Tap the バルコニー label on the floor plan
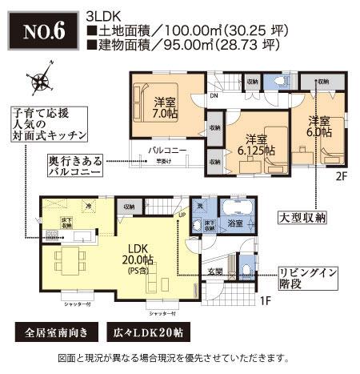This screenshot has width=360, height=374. click(x=166, y=151)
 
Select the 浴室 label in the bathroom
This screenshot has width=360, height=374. click(x=234, y=223)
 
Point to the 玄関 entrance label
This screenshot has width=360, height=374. click(x=216, y=271)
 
